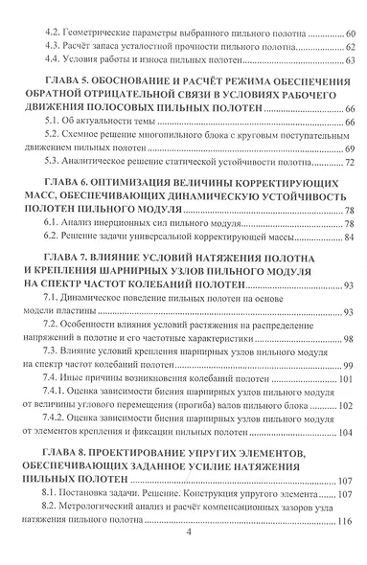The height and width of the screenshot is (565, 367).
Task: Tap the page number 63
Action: pos(349,61)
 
